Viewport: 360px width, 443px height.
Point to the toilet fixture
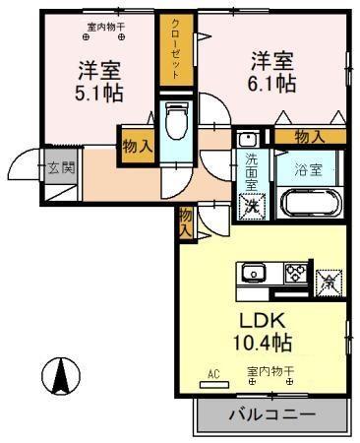[x=175, y=122]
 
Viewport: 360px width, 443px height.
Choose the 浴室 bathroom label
[x=308, y=168]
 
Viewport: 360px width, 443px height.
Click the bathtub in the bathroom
[x=311, y=204]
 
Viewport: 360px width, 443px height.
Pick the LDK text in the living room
[x=261, y=321]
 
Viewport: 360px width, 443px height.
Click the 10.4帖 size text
[x=261, y=345]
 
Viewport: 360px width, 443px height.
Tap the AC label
[x=213, y=374]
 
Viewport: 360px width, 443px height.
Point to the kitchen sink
[x=252, y=273]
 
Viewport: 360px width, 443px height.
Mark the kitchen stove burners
[x=294, y=272]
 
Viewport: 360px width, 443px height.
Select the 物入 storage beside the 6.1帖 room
[x=309, y=137]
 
